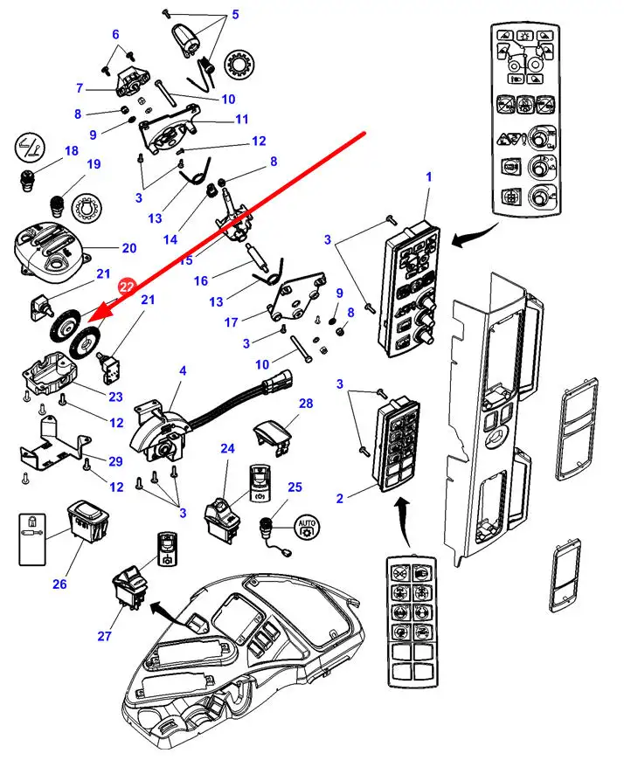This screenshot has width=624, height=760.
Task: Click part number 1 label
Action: [429, 177]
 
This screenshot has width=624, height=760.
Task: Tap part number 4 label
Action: [182, 371]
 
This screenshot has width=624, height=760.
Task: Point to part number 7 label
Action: [80, 87]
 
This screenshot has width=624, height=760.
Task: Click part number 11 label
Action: [242, 119]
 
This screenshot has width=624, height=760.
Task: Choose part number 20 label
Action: [129, 248]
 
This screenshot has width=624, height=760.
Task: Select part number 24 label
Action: [227, 448]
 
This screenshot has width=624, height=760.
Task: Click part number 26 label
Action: [59, 584]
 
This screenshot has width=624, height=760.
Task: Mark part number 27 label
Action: [105, 636]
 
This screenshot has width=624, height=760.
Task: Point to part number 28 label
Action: [305, 404]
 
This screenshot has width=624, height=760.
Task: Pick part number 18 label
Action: [71, 152]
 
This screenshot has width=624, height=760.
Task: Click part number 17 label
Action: [231, 321]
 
